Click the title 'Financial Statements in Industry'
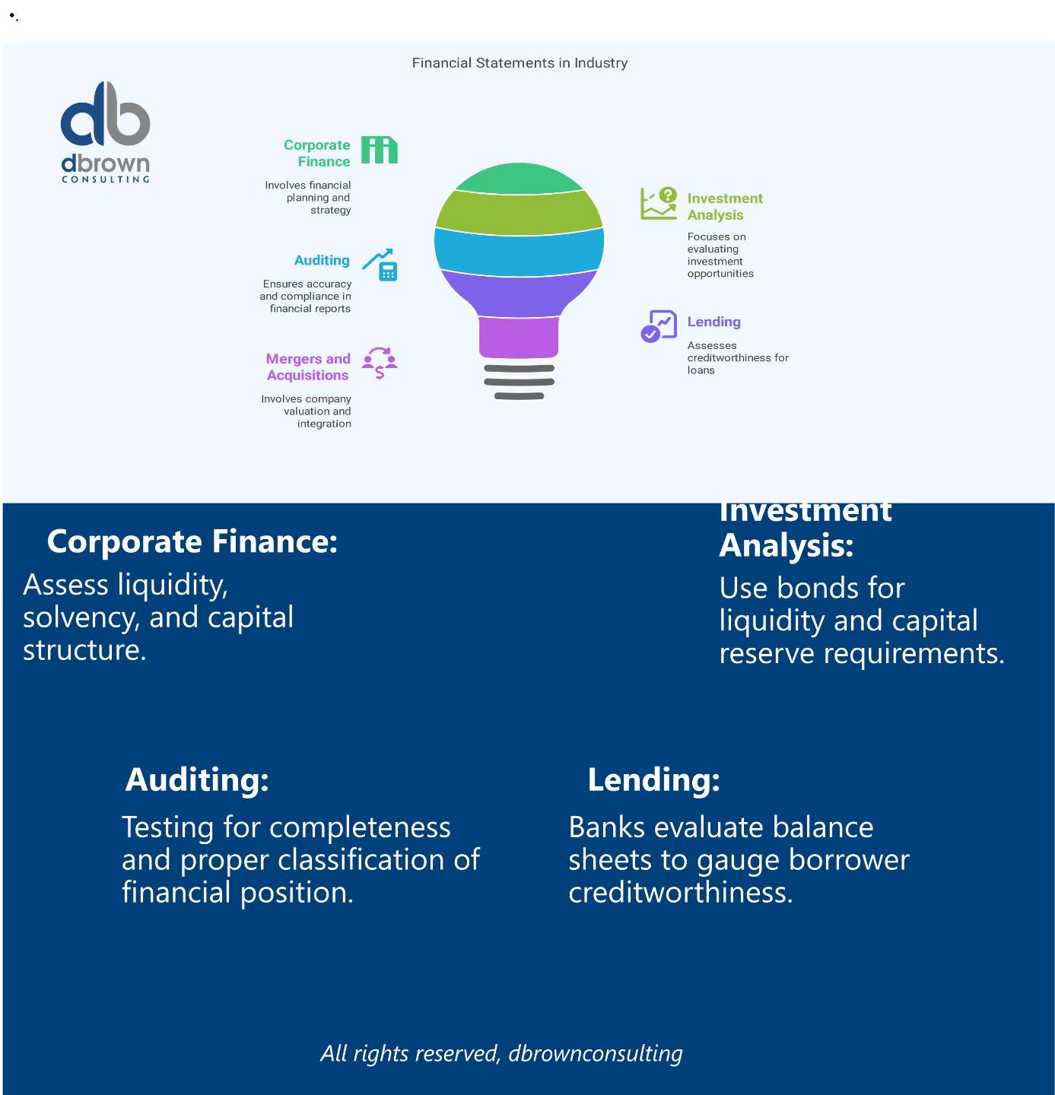[x=520, y=63]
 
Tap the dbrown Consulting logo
[x=106, y=132]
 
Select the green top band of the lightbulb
[x=520, y=178]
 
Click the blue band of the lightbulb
[x=520, y=252]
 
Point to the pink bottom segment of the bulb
[x=519, y=337]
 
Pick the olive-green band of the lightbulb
[x=520, y=212]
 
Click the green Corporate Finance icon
[x=379, y=150]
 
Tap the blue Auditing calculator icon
[x=380, y=265]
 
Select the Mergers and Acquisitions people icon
[x=379, y=363]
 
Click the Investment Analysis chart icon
[x=659, y=204]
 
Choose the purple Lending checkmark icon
[x=659, y=326]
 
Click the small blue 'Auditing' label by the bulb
[x=322, y=260]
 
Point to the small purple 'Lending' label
[x=713, y=322]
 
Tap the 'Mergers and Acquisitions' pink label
[x=308, y=367]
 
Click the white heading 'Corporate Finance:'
[x=192, y=541]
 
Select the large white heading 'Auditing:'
[x=197, y=779]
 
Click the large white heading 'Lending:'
[x=654, y=779]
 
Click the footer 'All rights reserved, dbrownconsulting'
[x=501, y=1053]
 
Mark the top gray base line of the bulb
[x=520, y=369]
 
